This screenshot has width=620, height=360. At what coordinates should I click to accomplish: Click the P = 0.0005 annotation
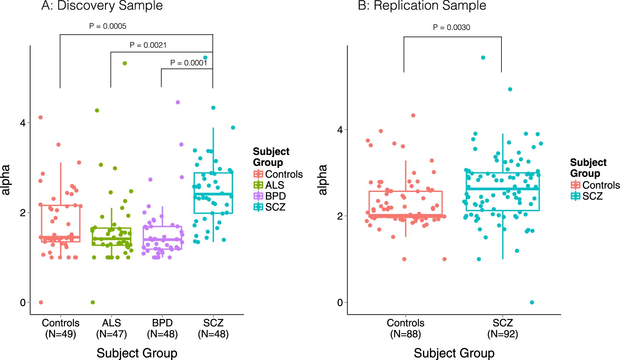click(107, 26)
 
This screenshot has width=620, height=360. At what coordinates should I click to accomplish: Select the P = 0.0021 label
click(148, 45)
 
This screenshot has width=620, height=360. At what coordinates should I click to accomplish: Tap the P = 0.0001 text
click(188, 63)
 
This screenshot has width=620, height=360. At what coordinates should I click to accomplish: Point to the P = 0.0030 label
click(451, 27)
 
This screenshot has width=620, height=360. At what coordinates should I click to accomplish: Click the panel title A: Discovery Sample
click(102, 6)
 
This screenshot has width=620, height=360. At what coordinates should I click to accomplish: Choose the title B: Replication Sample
click(422, 6)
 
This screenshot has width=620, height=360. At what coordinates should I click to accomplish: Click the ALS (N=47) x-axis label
click(111, 328)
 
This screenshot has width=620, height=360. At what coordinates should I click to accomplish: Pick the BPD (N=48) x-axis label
click(162, 328)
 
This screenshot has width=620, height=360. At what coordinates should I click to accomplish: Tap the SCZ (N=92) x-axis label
click(503, 328)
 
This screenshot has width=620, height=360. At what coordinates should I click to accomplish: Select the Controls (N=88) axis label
click(405, 328)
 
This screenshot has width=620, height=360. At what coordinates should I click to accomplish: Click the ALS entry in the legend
click(274, 185)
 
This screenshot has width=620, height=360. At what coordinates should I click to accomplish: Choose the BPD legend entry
click(275, 196)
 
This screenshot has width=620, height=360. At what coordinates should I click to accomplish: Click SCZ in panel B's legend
click(592, 196)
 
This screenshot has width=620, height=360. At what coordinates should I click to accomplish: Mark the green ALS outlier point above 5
click(125, 63)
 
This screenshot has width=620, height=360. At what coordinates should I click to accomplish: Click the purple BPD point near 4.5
click(178, 102)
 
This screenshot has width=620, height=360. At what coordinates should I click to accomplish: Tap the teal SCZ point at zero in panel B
click(532, 302)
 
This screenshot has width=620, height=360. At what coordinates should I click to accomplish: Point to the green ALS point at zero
click(93, 302)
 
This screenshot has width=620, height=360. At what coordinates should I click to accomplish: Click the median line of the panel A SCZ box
click(213, 194)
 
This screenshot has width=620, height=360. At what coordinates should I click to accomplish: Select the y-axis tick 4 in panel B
click(340, 130)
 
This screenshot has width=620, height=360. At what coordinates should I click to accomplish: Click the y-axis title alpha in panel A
click(6, 180)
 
